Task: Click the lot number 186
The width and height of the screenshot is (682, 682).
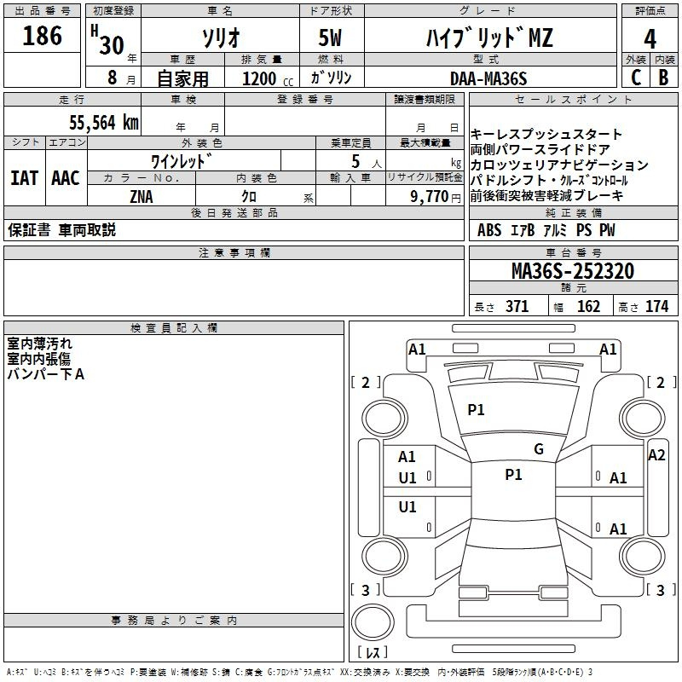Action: (x=42, y=36)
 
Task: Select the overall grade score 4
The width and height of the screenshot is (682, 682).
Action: (x=650, y=38)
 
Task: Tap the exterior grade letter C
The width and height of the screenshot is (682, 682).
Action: (x=636, y=78)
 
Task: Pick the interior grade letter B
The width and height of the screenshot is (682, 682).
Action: (x=664, y=78)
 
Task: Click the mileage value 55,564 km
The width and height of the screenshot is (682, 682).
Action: (x=104, y=123)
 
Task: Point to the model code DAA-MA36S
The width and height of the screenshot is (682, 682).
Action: (x=488, y=78)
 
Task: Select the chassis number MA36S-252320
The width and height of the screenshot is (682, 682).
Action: (x=573, y=271)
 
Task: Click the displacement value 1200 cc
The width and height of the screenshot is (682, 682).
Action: (x=268, y=78)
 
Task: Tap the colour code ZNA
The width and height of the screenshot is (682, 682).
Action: (x=142, y=197)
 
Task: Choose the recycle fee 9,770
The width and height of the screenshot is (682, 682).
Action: (x=430, y=197)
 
